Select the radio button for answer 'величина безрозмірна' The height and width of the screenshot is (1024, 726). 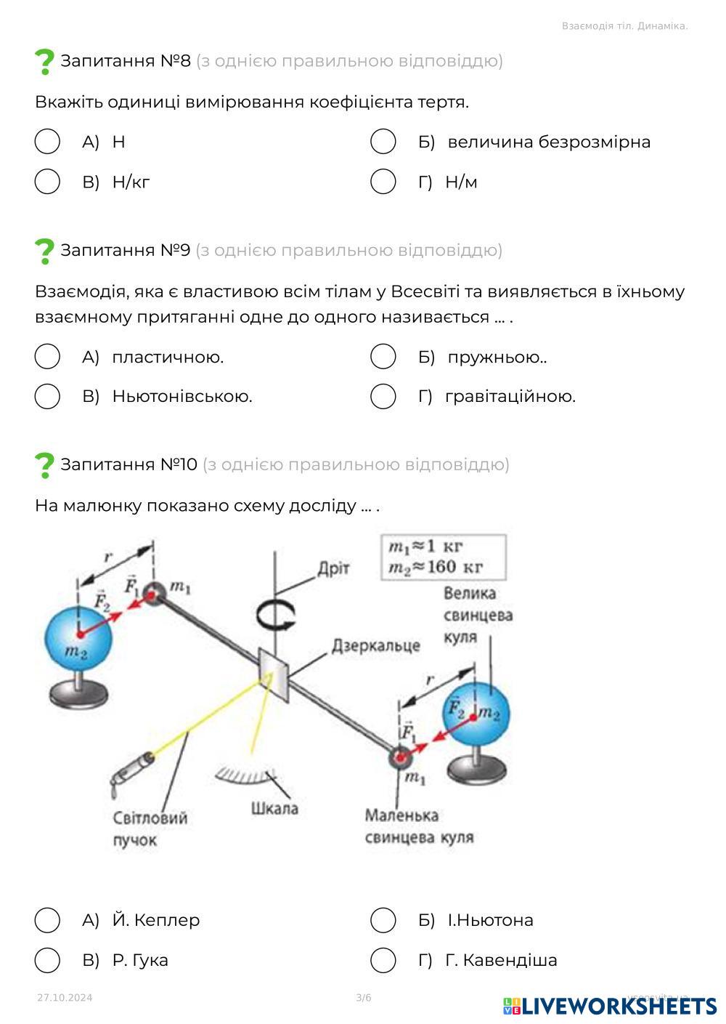pyautogui.click(x=383, y=142)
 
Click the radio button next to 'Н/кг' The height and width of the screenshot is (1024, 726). pyautogui.click(x=47, y=182)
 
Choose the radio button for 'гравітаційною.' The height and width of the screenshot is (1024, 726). pyautogui.click(x=383, y=397)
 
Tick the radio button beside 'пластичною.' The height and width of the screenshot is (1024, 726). pyautogui.click(x=47, y=357)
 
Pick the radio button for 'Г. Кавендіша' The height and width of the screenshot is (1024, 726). pyautogui.click(x=383, y=960)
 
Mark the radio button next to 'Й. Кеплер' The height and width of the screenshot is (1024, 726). pyautogui.click(x=47, y=920)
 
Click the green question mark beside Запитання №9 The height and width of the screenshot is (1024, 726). pyautogui.click(x=44, y=251)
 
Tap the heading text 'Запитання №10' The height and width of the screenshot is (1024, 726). pyautogui.click(x=129, y=464)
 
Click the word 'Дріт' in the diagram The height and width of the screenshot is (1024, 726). pyautogui.click(x=333, y=568)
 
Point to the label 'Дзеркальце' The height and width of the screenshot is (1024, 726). pyautogui.click(x=376, y=645)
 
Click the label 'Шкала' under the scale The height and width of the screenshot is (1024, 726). pyautogui.click(x=274, y=808)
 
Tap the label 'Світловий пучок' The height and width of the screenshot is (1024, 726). pyautogui.click(x=150, y=829)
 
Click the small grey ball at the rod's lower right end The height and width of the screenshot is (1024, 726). pyautogui.click(x=400, y=757)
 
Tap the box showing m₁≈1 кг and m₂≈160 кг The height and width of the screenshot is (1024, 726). pyautogui.click(x=444, y=557)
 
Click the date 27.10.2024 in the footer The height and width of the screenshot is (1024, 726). pyautogui.click(x=65, y=998)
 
